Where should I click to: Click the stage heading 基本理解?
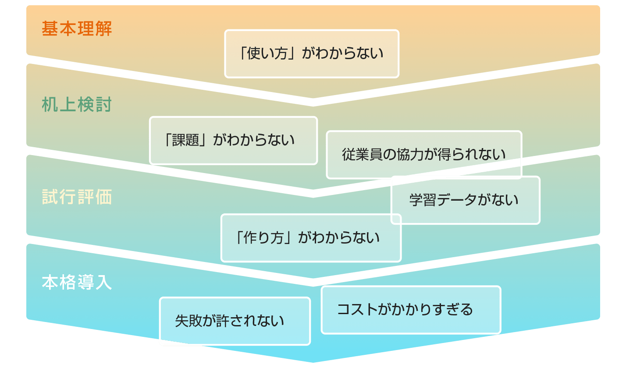pos(77,29)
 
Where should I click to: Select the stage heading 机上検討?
pos(77,105)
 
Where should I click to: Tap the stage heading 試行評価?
pos(77,197)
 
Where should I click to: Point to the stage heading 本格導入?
pos(77,283)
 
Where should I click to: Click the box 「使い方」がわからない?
pos(311,54)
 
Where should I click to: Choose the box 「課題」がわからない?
pos(233,141)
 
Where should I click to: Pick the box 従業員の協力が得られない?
pos(423,154)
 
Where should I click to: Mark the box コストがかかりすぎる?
pos(410,310)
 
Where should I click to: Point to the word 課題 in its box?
pos(186,141)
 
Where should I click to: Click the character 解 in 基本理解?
pos(103,29)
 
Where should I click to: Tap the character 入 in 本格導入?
pos(103,283)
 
